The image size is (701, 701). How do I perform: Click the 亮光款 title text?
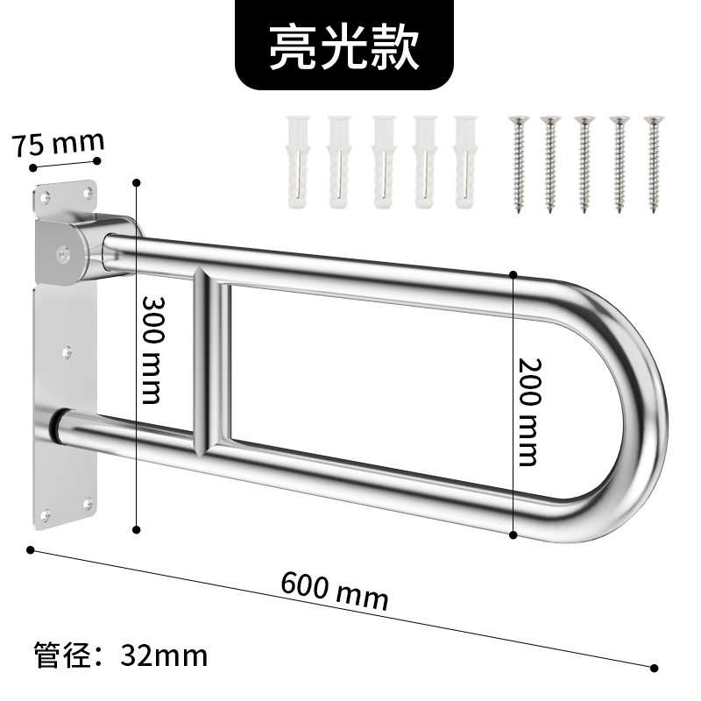point(344,48)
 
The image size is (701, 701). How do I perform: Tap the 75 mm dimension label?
point(58,142)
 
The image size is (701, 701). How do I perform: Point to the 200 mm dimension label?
point(528,411)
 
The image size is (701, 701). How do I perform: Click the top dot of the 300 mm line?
point(137,182)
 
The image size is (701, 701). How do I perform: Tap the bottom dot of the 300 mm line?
point(137,528)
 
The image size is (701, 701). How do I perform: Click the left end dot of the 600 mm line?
point(31,550)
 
